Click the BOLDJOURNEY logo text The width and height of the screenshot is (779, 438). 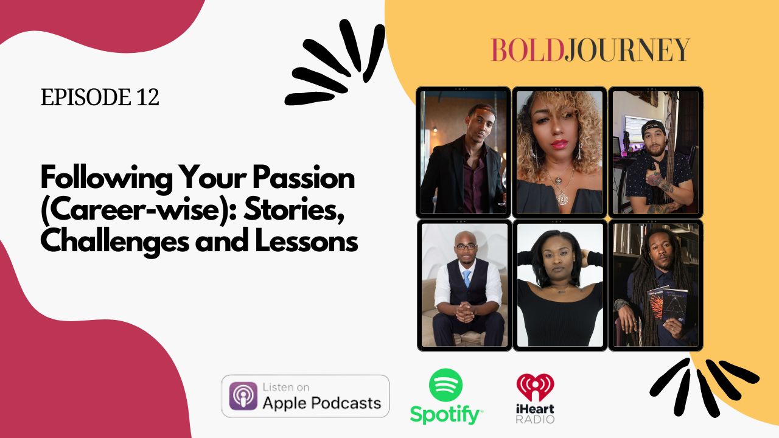click(590, 50)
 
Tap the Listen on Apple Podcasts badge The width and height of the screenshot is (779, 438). click(306, 395)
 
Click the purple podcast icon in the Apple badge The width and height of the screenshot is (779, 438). click(243, 396)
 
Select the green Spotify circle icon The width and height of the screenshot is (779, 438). click(445, 384)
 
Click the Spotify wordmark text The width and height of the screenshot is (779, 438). click(445, 415)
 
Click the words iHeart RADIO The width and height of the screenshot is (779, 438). click(535, 413)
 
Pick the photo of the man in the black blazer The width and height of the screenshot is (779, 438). click(464, 152)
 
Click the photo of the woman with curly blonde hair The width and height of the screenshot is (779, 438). click(559, 152)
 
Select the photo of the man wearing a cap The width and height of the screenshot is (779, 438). click(655, 152)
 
